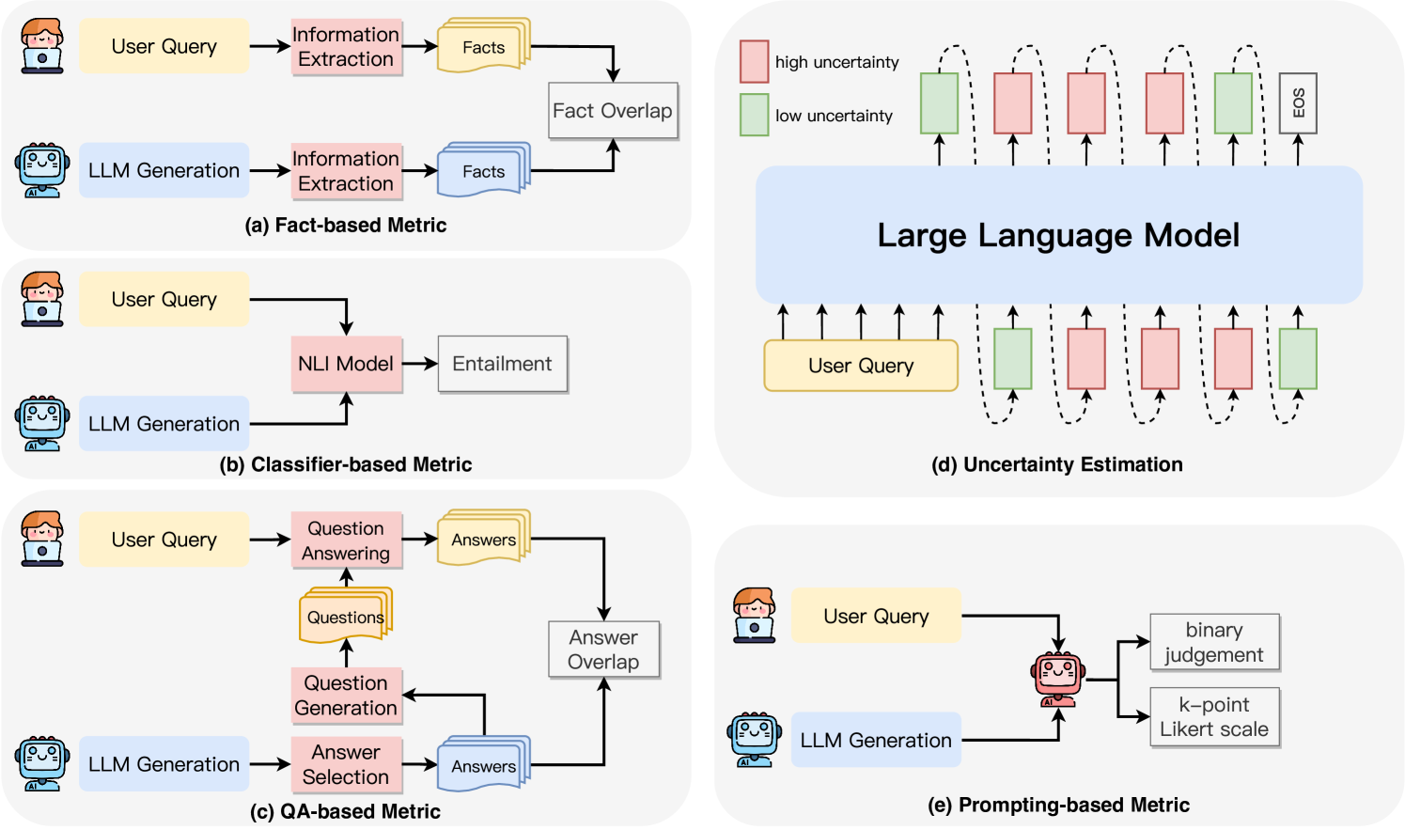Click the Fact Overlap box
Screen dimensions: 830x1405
coord(613,111)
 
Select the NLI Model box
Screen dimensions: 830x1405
coord(346,364)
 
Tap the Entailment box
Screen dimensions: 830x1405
coord(502,364)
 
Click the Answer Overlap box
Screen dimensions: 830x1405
coord(603,650)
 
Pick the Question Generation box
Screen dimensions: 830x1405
coord(346,696)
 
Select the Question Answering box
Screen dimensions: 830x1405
coord(346,540)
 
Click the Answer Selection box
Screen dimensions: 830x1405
coord(346,764)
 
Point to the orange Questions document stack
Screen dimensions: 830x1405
coord(345,616)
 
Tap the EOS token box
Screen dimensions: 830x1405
coord(1298,103)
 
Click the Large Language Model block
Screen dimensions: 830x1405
coord(1058,235)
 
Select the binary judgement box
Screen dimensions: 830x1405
coord(1214,642)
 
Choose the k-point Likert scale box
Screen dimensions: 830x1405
coord(1214,717)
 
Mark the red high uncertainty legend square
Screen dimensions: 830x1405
coord(754,61)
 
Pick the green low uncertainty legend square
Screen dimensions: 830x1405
coord(754,115)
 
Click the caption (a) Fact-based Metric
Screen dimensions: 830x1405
coord(346,225)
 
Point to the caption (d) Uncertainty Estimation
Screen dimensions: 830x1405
coord(1056,464)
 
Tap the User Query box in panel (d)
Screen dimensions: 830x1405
coord(861,366)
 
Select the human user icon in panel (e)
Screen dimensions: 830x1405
coord(754,616)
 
